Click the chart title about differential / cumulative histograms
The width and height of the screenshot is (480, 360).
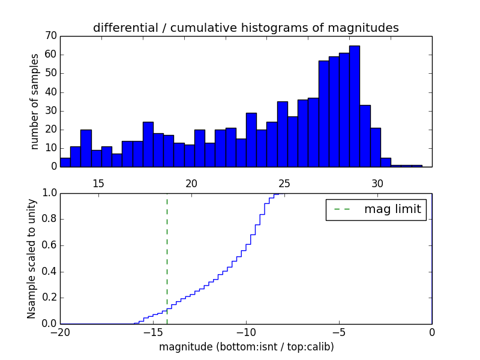pos(245,28)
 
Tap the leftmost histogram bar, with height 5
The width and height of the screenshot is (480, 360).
pos(65,162)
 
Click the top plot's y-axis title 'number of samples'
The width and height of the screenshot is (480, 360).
pos(35,101)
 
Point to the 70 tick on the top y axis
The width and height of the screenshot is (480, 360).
pos(50,36)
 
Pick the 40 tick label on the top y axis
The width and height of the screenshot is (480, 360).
pos(50,92)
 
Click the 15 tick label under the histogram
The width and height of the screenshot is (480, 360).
pos(98,184)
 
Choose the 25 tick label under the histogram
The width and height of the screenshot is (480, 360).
pos(284,184)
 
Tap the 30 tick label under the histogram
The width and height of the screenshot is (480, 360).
pos(377,184)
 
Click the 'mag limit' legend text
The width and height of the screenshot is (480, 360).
pos(392,209)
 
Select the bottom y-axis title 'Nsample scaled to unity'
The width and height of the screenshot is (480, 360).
pos(32,259)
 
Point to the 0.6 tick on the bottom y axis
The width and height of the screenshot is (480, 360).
pos(49,245)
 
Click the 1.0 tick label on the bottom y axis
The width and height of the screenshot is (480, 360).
pos(49,193)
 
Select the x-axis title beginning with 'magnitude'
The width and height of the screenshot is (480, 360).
pos(246,347)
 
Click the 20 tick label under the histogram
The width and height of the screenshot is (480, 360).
pos(191,184)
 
